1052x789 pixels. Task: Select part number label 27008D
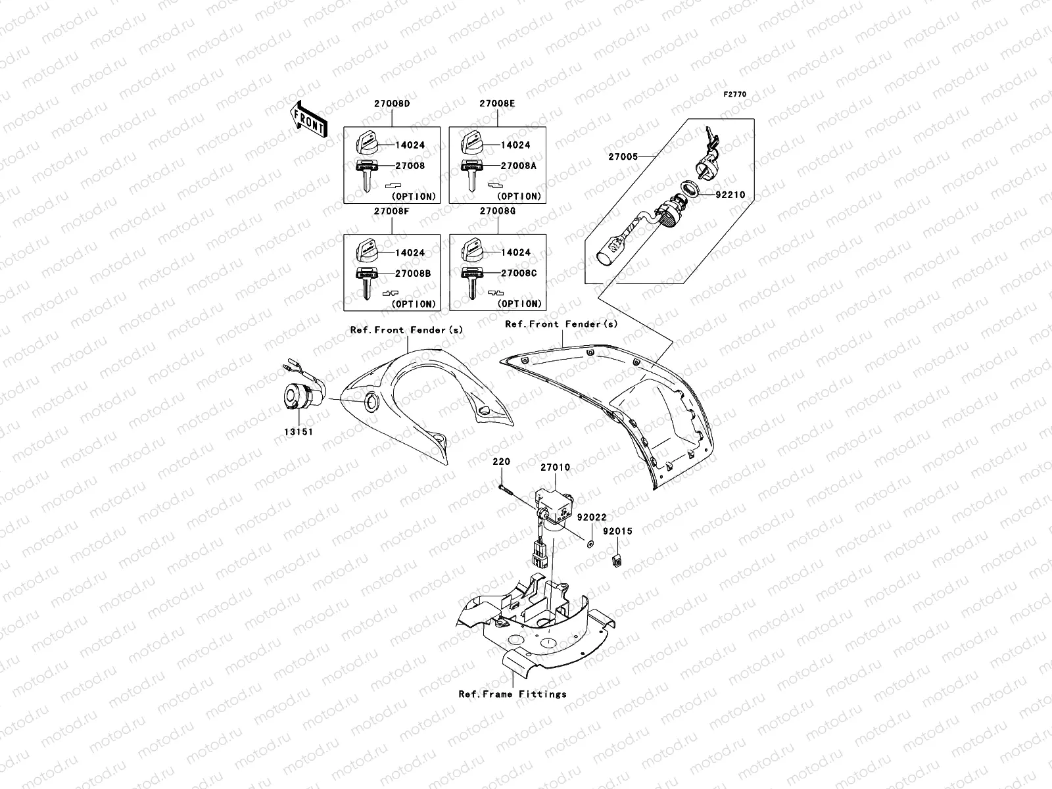click(x=393, y=104)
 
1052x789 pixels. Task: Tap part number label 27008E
click(x=497, y=104)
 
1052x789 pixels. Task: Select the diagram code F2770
click(x=735, y=95)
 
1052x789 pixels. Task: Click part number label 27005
click(x=622, y=157)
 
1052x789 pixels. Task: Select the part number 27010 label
click(x=555, y=467)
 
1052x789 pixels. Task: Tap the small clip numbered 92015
click(x=617, y=561)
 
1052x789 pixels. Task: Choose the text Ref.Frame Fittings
click(x=513, y=694)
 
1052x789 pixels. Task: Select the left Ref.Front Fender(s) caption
click(x=406, y=330)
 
